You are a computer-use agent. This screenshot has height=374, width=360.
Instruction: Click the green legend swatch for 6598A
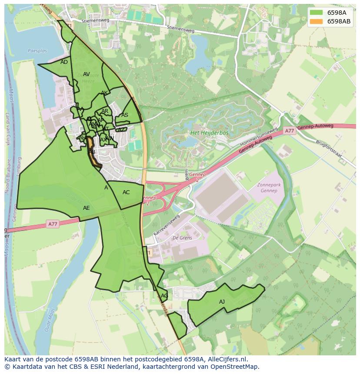pos(316,13)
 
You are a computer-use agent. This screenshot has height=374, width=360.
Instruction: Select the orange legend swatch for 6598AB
pos(316,21)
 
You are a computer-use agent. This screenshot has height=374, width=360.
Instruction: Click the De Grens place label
pos(182,238)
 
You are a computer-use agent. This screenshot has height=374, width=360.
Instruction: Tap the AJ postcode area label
pos(222,301)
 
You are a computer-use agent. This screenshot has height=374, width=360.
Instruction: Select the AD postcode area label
pos(64,62)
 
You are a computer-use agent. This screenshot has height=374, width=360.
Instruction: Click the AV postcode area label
pos(86,74)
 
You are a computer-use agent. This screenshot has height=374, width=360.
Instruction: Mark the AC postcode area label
pos(126,192)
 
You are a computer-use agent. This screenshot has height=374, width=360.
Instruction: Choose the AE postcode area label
pos(86,208)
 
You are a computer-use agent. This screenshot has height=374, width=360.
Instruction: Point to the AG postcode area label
pos(164,296)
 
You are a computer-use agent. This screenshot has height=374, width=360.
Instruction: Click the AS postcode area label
pos(125,115)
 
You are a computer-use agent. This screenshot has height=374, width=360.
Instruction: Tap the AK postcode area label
pos(104,93)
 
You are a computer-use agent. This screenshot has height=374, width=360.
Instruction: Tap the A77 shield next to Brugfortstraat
pos(290,131)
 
